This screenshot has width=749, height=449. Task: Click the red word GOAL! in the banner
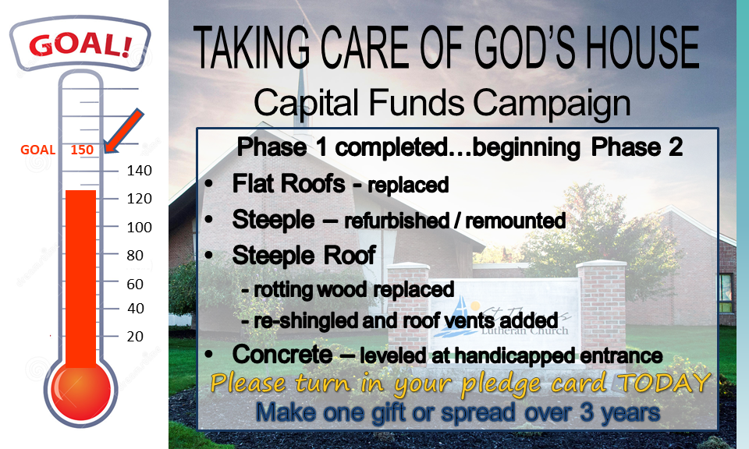[80, 45]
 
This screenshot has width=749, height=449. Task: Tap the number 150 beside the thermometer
[82, 150]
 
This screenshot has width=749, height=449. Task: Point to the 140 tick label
[139, 171]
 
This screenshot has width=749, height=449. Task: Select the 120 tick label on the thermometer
[139, 199]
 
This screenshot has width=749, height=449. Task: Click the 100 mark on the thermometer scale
[139, 227]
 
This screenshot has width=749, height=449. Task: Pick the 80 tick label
[135, 255]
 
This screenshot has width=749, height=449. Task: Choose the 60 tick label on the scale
[135, 284]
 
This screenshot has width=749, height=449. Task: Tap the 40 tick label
[136, 308]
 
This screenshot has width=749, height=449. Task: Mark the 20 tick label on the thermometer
[135, 337]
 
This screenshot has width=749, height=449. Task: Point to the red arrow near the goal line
[124, 131]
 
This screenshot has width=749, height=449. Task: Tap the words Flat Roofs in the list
[289, 184]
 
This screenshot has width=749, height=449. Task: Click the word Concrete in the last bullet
[282, 355]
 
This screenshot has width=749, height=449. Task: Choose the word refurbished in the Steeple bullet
[397, 221]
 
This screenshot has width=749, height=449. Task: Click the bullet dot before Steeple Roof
[209, 255]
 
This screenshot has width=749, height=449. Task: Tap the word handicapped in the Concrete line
[514, 356]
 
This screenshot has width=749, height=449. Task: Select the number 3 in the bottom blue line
[587, 412]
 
